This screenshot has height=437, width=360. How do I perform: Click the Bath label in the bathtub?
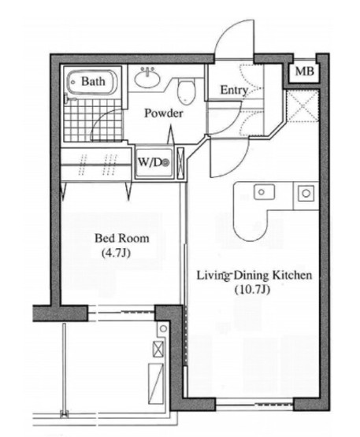(93, 81)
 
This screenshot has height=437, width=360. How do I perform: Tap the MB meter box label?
(305, 72)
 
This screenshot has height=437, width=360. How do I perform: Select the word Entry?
(234, 91)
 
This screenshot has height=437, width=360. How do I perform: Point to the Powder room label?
(164, 113)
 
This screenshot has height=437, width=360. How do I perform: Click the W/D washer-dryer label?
(154, 162)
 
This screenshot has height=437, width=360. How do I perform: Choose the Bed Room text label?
(122, 239)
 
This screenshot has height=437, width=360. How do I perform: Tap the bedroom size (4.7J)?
(117, 253)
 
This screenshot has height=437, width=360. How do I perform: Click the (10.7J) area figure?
(252, 290)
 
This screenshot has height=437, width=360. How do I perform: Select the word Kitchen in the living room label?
(292, 276)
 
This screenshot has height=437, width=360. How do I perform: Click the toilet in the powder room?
(186, 91)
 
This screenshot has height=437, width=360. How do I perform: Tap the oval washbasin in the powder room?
(147, 78)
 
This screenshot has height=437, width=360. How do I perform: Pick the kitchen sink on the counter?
(264, 192)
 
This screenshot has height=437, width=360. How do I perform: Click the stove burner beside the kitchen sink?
(306, 193)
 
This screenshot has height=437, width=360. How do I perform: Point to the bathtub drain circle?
(73, 83)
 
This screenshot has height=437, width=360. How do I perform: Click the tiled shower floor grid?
(94, 120)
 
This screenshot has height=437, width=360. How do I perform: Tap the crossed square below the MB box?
(302, 105)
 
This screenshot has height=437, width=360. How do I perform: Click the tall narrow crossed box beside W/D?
(180, 164)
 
